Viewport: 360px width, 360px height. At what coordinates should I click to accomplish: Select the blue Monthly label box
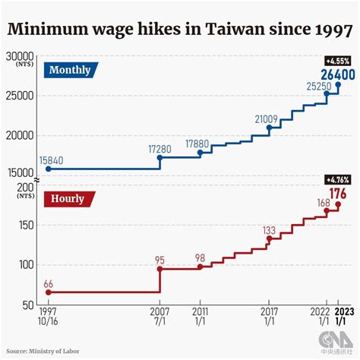click(70, 71)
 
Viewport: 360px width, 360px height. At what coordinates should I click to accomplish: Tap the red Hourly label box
click(68, 199)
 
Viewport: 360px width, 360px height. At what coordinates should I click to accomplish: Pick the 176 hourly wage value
click(339, 193)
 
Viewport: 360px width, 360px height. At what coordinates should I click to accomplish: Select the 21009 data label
click(269, 118)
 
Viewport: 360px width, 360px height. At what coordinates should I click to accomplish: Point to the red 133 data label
click(269, 229)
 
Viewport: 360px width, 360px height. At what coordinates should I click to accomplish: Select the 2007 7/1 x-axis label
click(159, 317)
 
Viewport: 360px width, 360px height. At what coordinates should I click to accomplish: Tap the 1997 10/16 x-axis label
click(48, 317)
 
